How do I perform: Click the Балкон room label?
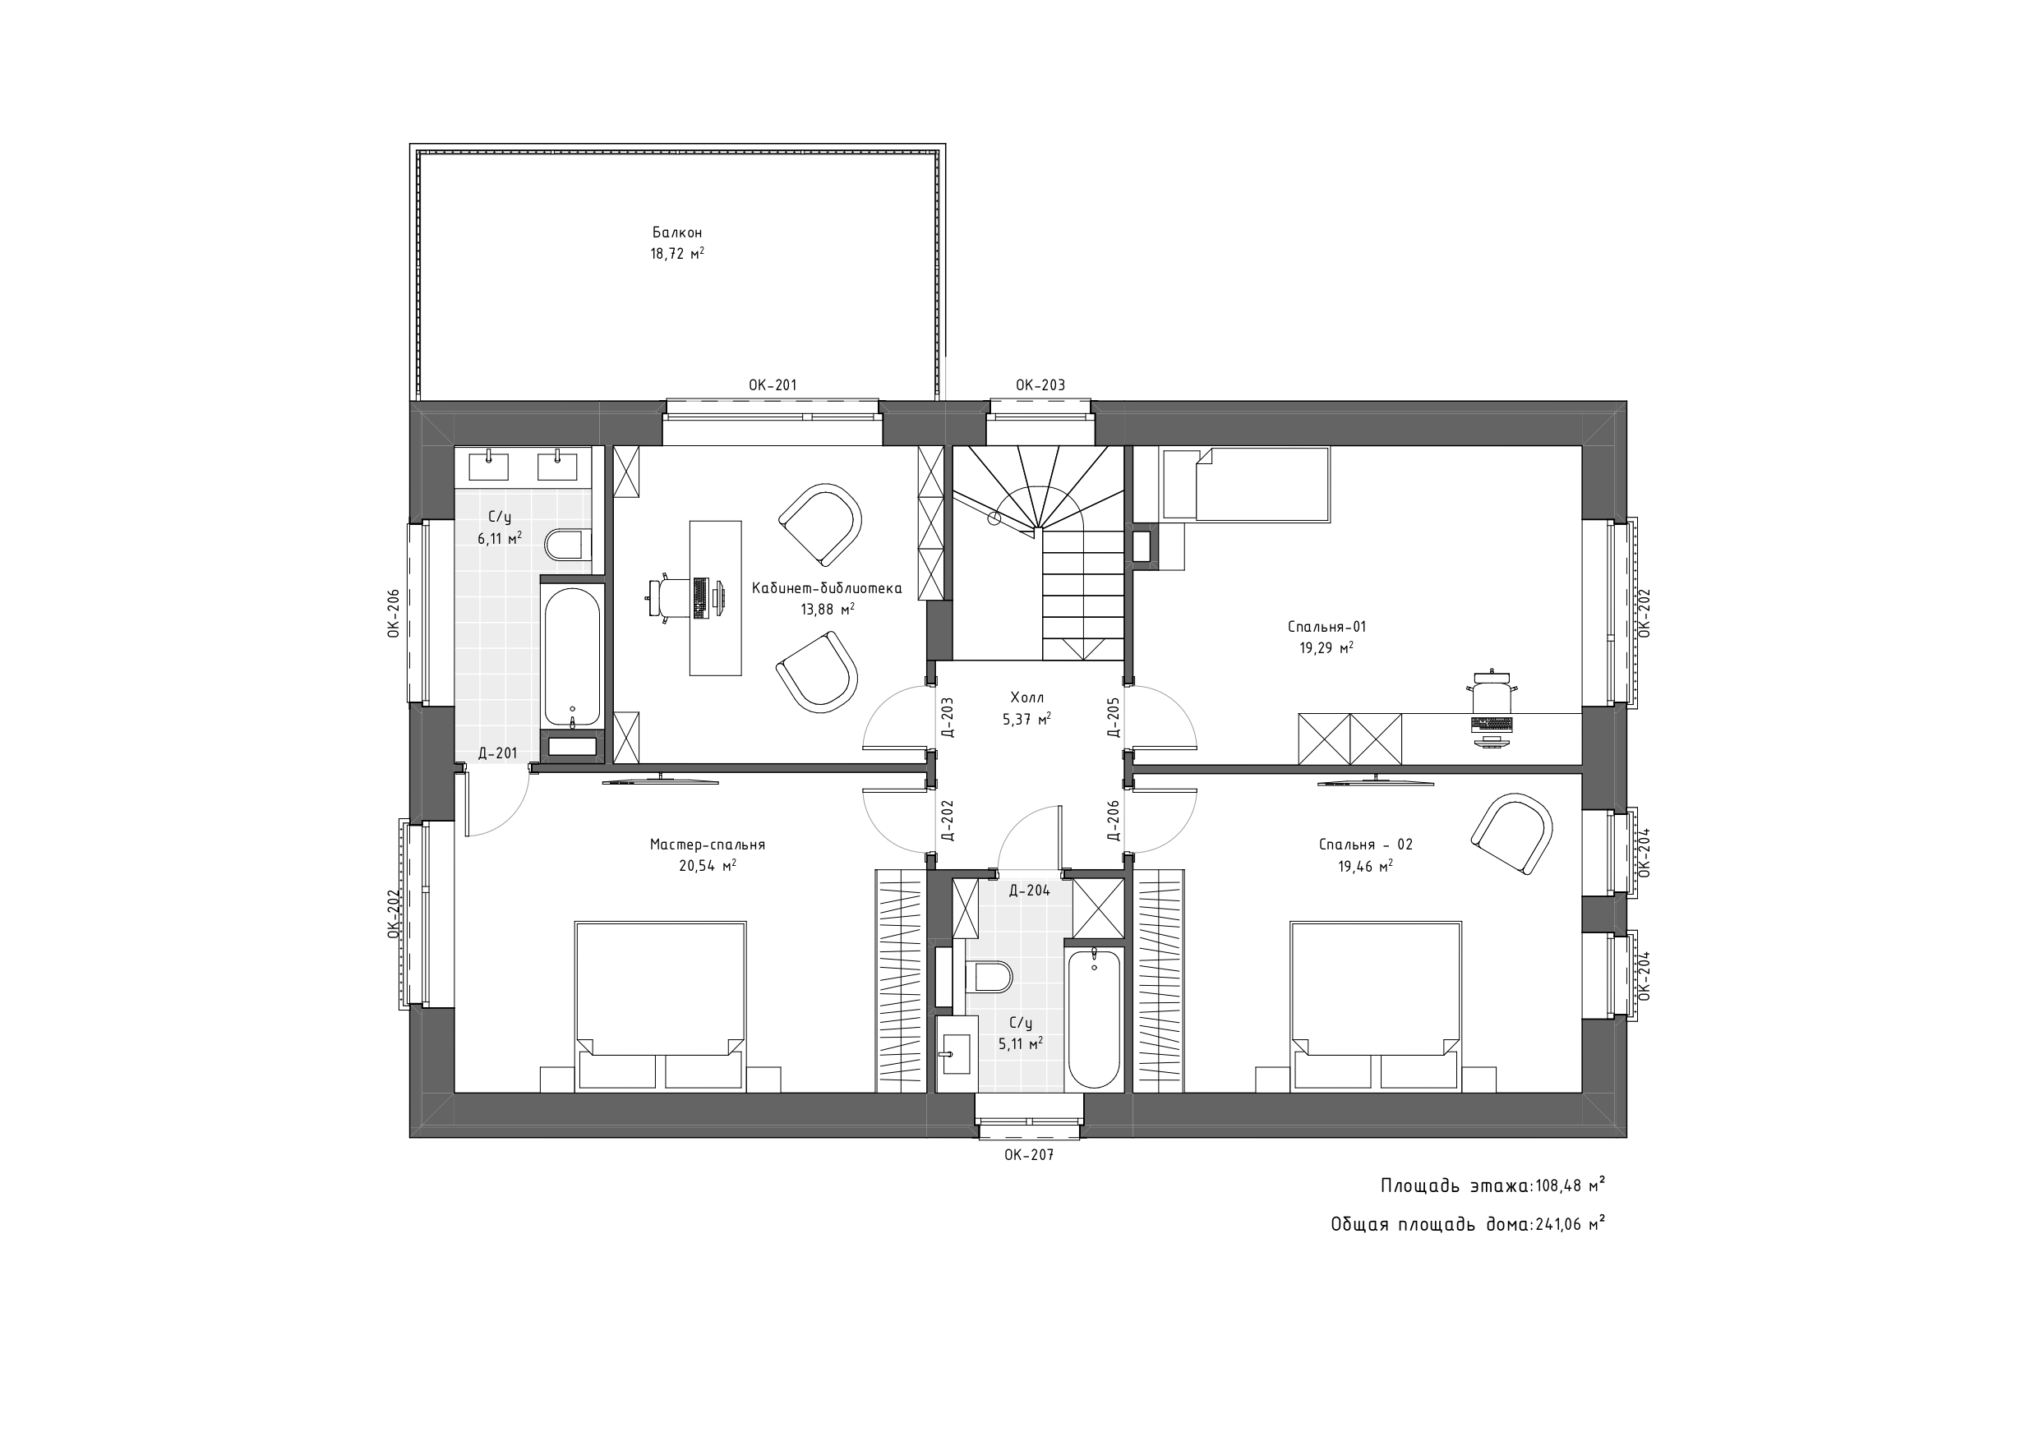tap(676, 232)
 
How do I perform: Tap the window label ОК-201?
tap(773, 385)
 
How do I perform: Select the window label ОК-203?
tap(1040, 385)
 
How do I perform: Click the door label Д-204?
tap(1029, 891)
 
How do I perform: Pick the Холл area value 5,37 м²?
tap(1026, 719)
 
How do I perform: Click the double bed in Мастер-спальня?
tap(660, 1006)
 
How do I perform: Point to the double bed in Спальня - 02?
tap(1375, 1006)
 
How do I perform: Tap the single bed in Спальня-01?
tap(1246, 484)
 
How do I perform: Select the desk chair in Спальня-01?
tap(1491, 691)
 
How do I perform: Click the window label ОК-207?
tap(1028, 1155)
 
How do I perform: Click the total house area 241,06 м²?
tap(1570, 1224)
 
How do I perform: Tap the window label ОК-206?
tap(393, 614)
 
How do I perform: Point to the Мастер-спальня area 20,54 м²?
tap(707, 866)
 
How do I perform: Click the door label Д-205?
tap(1113, 717)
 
